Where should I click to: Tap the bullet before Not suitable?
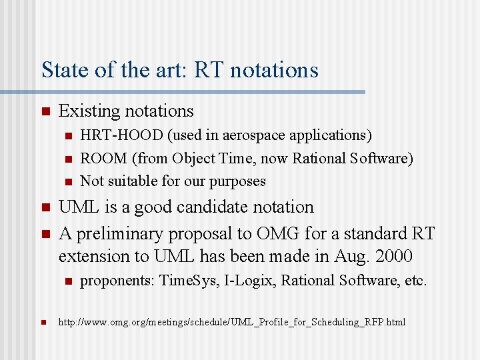coord(67,181)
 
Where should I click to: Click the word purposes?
coord(237,181)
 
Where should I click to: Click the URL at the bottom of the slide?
coord(232,323)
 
